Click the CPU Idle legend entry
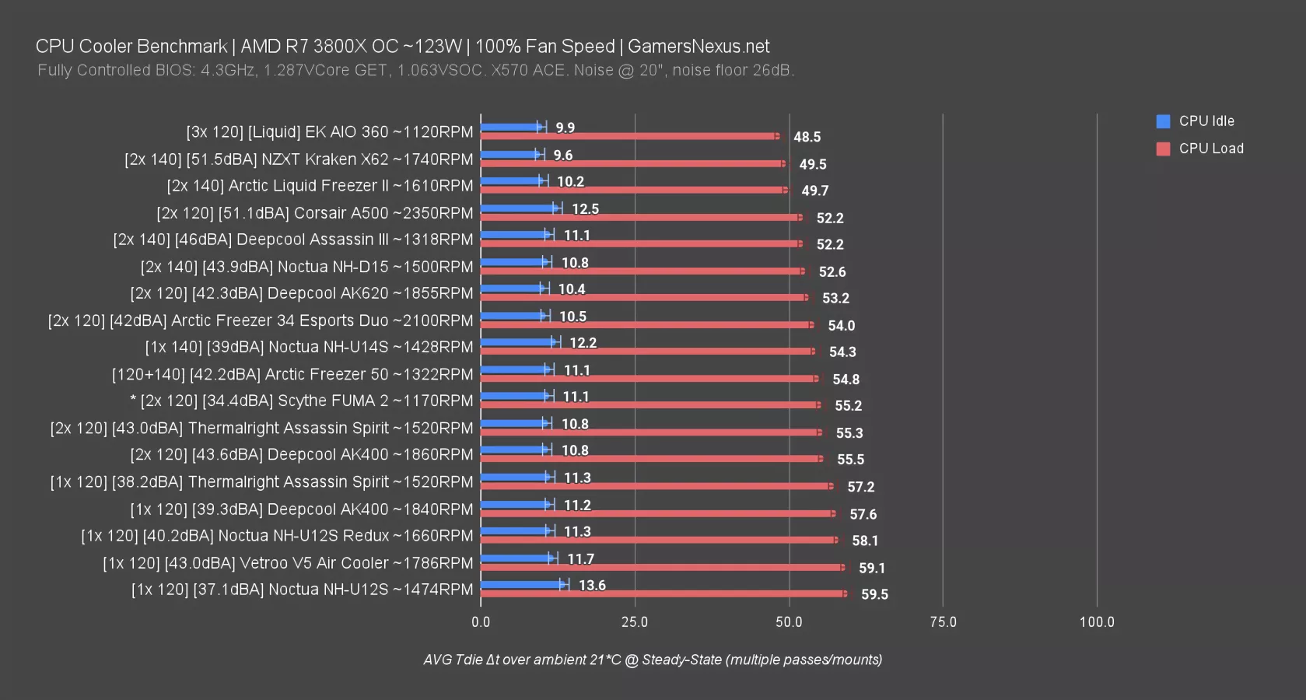coord(1206,121)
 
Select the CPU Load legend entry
coord(1210,149)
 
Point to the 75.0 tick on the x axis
coord(943,622)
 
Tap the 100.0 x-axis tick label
coord(1097,622)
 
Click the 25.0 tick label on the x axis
coord(635,622)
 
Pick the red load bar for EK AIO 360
coord(628,136)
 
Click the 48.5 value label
coord(807,137)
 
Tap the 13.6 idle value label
coord(592,585)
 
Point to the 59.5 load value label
coord(874,594)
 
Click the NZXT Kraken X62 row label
coord(299,159)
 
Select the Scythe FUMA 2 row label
coord(302,401)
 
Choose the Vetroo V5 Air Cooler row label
coord(288,563)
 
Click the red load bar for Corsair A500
coord(640,218)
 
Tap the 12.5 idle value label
coord(585,208)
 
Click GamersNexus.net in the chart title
coord(699,47)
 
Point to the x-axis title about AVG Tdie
coord(653,660)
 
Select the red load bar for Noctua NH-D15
coord(642,271)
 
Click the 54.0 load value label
coord(841,325)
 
